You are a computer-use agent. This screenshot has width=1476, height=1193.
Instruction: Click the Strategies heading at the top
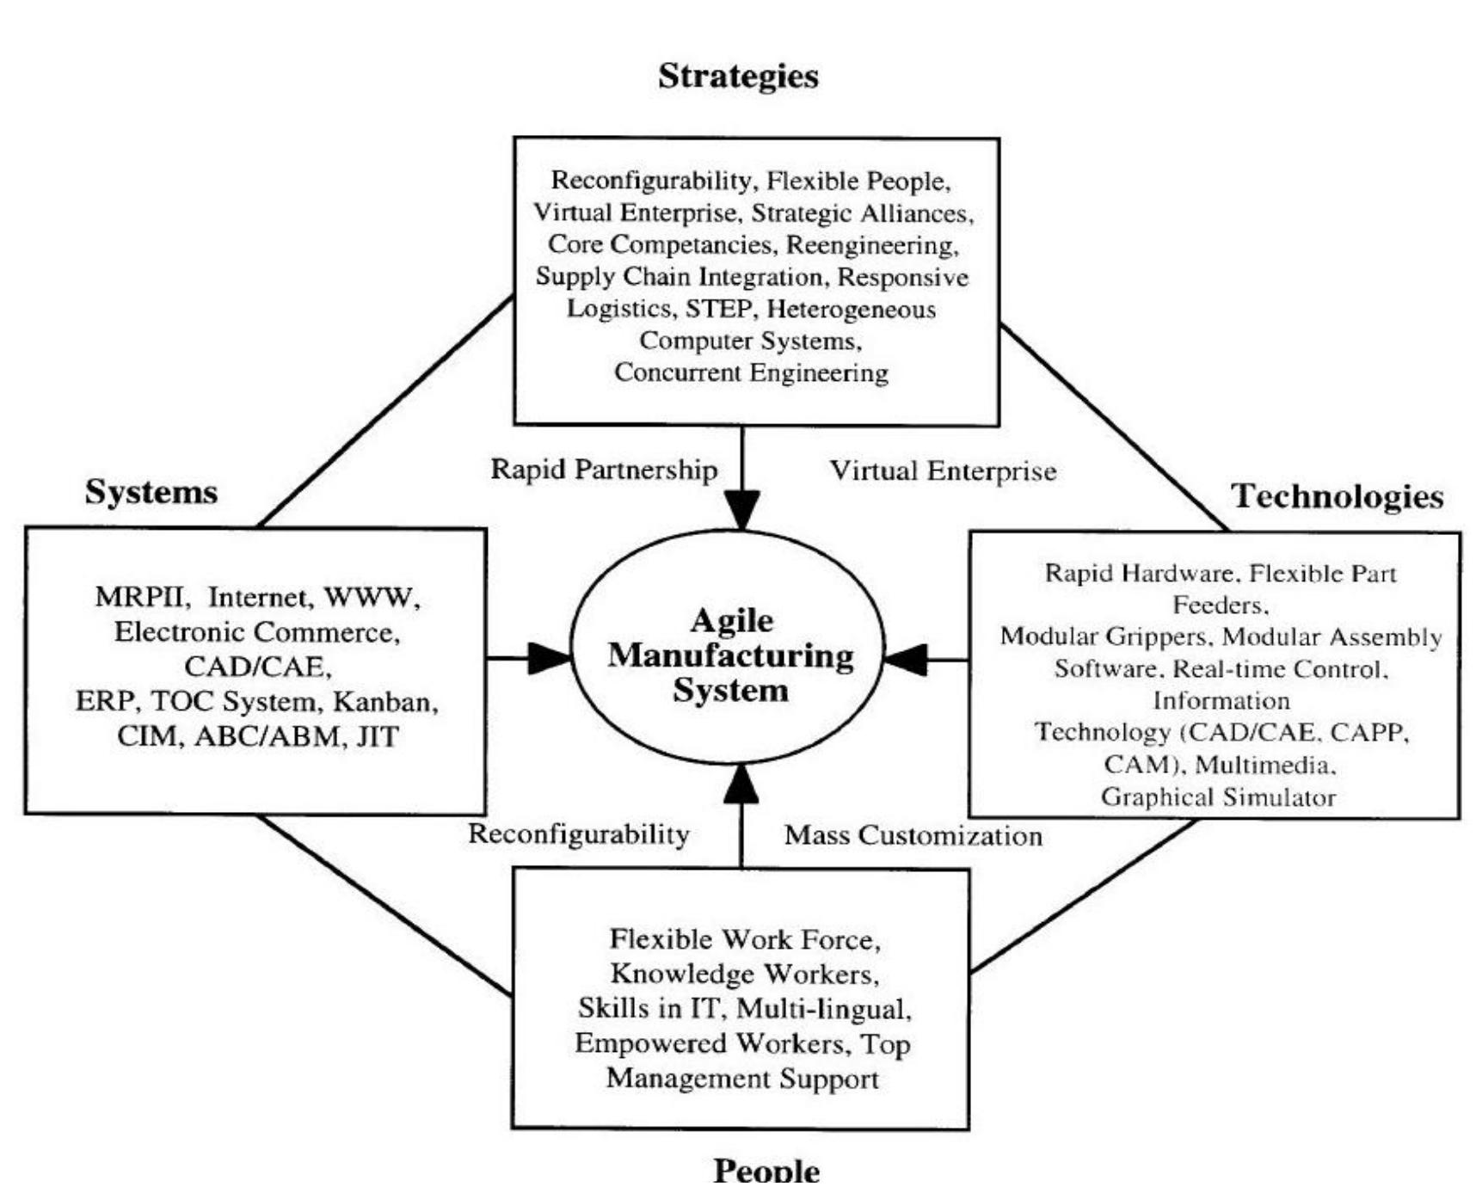[738, 77]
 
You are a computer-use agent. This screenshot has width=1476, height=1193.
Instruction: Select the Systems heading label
[151, 492]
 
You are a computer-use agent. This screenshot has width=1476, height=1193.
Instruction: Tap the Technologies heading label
[1338, 496]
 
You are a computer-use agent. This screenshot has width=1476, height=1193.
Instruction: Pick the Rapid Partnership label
[604, 470]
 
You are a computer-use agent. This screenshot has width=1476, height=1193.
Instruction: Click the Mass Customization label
[913, 835]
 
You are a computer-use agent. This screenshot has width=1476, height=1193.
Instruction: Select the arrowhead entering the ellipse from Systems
[549, 659]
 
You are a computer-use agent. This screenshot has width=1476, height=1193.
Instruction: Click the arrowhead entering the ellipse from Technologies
[907, 660]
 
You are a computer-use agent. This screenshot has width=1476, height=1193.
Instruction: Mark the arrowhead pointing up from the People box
[741, 784]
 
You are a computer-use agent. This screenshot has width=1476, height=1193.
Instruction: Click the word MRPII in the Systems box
[139, 597]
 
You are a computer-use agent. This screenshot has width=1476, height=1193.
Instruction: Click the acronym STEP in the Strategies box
[718, 309]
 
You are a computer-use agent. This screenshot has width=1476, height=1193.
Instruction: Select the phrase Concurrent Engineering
[751, 373]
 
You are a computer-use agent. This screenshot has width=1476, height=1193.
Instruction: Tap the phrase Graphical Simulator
[1218, 797]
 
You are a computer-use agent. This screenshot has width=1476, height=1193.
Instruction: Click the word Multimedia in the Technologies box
[1264, 765]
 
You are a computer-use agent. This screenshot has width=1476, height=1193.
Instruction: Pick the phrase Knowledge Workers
[744, 974]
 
